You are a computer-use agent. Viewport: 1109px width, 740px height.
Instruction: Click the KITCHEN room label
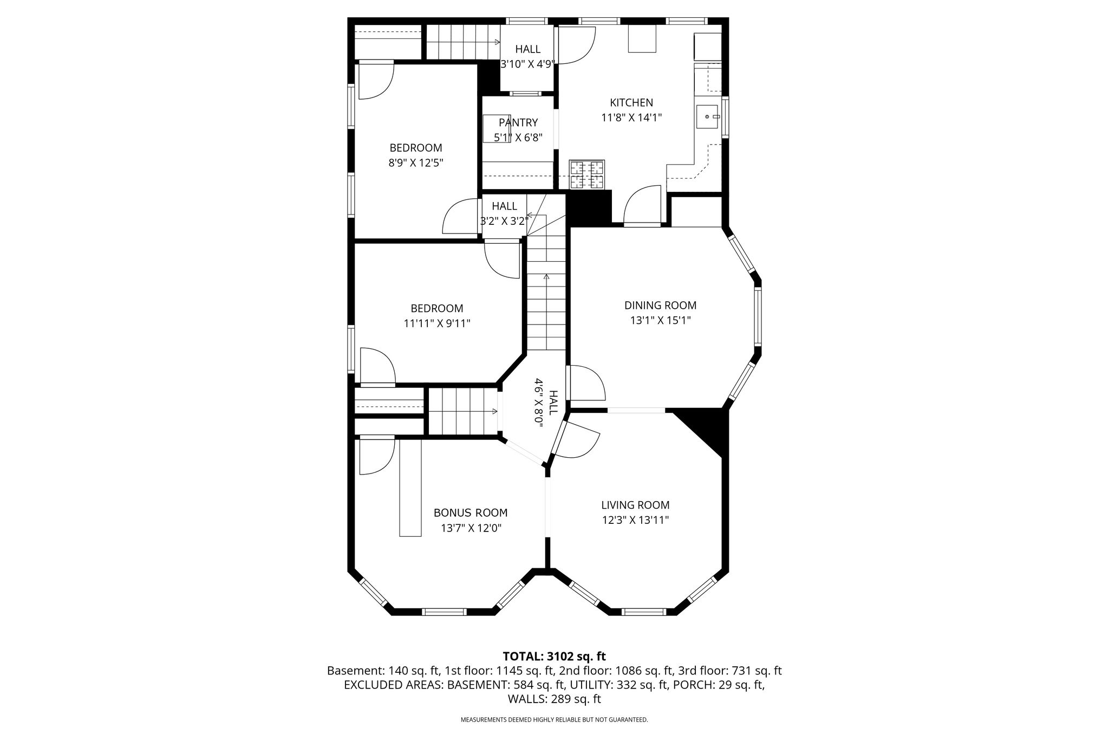click(631, 102)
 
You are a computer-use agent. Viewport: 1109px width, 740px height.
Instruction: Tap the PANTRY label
click(518, 122)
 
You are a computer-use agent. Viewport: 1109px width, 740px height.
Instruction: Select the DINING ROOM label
click(660, 306)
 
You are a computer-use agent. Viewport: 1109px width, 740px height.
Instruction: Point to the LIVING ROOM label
click(635, 505)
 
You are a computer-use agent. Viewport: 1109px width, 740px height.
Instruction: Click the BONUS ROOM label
click(471, 513)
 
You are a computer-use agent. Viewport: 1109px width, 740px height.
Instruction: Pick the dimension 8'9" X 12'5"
click(416, 163)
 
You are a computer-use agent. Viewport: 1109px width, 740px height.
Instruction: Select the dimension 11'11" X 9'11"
click(437, 323)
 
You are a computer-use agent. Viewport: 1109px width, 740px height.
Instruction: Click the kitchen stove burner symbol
click(586, 174)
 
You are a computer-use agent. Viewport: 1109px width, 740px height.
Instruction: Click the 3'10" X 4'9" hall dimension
click(527, 64)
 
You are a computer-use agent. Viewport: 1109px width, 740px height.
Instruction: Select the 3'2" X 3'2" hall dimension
click(504, 221)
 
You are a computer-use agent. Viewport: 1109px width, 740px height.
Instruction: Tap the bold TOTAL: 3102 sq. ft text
click(554, 657)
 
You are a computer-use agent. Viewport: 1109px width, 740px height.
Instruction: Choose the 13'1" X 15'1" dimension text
click(660, 321)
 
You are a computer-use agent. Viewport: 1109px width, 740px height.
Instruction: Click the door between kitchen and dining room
click(642, 205)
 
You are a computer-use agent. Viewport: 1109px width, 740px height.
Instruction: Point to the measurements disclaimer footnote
click(554, 720)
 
